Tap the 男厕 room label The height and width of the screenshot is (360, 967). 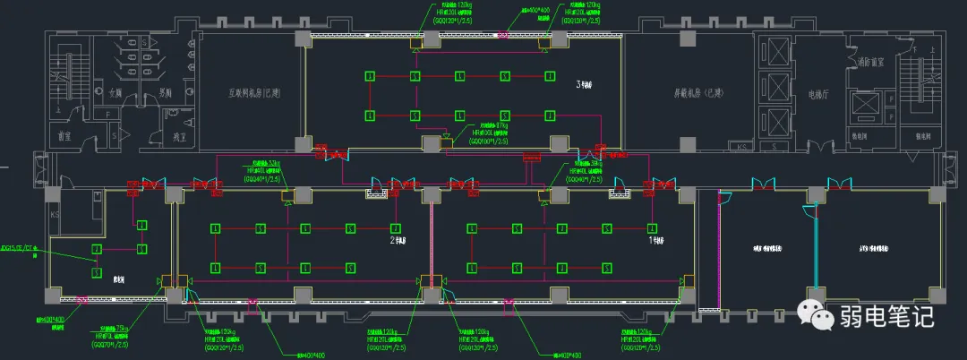pos(164,91)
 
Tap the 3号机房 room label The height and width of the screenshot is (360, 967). pos(585,86)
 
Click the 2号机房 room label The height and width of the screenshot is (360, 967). pos(398,241)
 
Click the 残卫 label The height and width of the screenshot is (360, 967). pos(180,137)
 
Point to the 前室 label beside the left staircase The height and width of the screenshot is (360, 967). pos(64,137)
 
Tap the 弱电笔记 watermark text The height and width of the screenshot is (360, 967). pos(886,316)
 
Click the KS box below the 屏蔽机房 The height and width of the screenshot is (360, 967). pos(740,146)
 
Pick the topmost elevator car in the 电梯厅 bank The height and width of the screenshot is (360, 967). pos(774,53)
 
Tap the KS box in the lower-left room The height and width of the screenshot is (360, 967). pos(56,216)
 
